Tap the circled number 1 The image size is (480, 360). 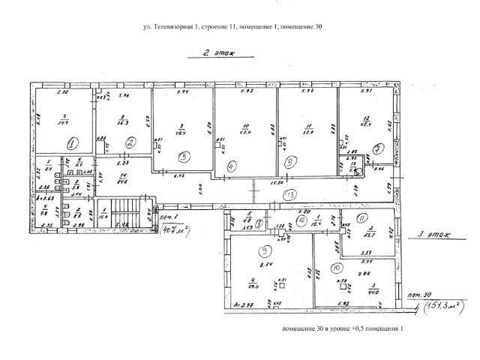(x=72, y=142)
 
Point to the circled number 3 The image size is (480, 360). (x=184, y=157)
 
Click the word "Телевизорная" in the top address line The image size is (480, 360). (x=173, y=28)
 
